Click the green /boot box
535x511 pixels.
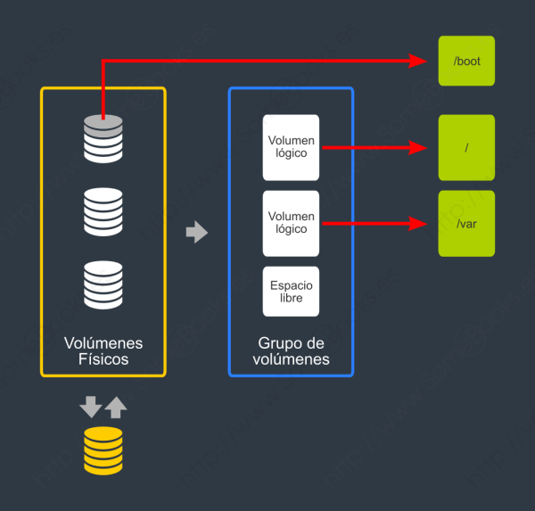[466, 61]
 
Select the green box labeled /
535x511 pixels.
[466, 147]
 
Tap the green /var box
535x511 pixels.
[466, 224]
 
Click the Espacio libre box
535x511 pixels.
[291, 291]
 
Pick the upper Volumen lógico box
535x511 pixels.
[291, 146]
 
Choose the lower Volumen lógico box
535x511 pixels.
[291, 222]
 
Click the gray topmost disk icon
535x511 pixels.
[103, 138]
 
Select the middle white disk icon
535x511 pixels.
[103, 211]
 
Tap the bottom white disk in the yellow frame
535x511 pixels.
[103, 284]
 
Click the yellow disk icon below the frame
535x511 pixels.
[103, 450]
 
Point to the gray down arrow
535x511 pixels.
[91, 408]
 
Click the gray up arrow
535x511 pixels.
[116, 408]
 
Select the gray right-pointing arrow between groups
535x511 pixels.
[196, 234]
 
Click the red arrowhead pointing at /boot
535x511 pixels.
[420, 61]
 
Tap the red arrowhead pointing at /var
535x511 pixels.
[420, 224]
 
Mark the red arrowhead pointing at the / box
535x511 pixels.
[420, 147]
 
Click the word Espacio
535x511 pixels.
[291, 285]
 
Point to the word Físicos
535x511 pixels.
[103, 360]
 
